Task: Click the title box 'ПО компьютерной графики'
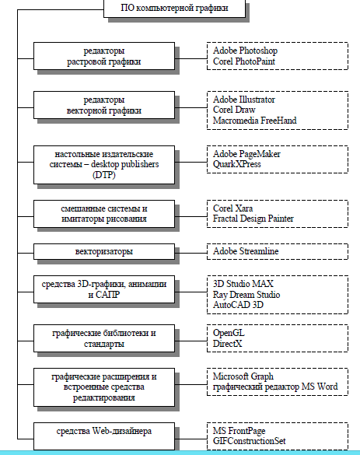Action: [174, 9]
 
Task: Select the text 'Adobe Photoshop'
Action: [245, 51]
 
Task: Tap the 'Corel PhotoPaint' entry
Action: [244, 61]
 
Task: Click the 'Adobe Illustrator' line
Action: [244, 100]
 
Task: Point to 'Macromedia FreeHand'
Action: [255, 120]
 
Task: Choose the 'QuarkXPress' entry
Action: [236, 164]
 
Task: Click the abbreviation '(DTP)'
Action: [104, 175]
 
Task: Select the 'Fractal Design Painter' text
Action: [253, 219]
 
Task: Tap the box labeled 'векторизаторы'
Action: [104, 251]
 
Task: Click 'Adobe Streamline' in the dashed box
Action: [246, 251]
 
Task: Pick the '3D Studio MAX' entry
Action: [243, 284]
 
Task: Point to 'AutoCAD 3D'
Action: [238, 305]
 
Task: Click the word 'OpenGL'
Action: [229, 333]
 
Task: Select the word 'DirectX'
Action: [227, 344]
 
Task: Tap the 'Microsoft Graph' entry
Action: [243, 376]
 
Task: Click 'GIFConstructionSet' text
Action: [249, 441]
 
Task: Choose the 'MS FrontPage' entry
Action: [239, 431]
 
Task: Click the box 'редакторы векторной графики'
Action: [104, 105]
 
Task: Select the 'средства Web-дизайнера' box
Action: [104, 436]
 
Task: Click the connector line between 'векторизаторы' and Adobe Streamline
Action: [190, 253]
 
